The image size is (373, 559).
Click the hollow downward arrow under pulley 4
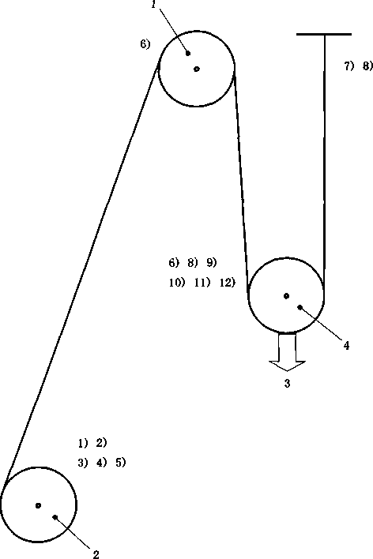point(287,351)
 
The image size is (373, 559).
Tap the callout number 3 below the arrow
point(287,384)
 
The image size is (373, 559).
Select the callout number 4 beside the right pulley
point(346,345)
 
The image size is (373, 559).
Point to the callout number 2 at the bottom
point(96,554)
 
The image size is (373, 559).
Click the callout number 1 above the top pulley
point(153,5)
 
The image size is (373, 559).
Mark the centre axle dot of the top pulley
point(196,69)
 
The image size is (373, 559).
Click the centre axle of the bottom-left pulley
point(38,505)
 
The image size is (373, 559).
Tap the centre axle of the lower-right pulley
point(286,295)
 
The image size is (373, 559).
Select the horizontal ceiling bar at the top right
point(324,34)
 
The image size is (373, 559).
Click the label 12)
point(228,283)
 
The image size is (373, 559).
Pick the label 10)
point(177,283)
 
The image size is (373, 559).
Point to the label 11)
point(202,283)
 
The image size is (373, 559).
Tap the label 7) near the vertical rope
point(349,66)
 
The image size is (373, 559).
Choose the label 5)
point(121,463)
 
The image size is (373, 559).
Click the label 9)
point(212,263)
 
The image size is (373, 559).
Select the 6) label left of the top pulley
point(145,44)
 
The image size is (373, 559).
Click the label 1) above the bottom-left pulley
point(82,443)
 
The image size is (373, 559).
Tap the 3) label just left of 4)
point(82,463)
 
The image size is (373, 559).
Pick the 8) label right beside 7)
point(367,66)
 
